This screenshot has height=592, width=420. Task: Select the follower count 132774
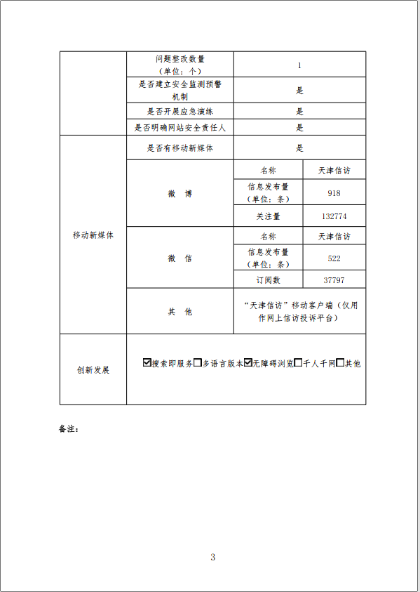(x=334, y=216)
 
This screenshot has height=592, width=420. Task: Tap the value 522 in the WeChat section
(x=334, y=258)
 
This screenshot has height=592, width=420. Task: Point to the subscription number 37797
(x=334, y=280)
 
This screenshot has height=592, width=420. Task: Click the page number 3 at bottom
(x=212, y=557)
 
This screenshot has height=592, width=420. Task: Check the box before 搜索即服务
(x=147, y=363)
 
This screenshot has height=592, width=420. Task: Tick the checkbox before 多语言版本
(x=198, y=363)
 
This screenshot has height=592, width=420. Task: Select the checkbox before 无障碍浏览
(x=248, y=363)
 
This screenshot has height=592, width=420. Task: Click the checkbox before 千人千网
(x=298, y=363)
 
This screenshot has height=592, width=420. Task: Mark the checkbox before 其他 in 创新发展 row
(x=340, y=363)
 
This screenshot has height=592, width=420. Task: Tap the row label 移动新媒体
(x=93, y=235)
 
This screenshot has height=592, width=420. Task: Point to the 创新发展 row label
(x=93, y=370)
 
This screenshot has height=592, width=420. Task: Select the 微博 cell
(x=179, y=194)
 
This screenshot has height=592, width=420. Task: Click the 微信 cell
(x=179, y=258)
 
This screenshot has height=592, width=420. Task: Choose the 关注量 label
(x=268, y=216)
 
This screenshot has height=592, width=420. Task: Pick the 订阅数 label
(x=268, y=280)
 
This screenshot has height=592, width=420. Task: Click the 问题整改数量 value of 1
(x=299, y=65)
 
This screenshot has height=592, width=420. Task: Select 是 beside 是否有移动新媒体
(x=299, y=148)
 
